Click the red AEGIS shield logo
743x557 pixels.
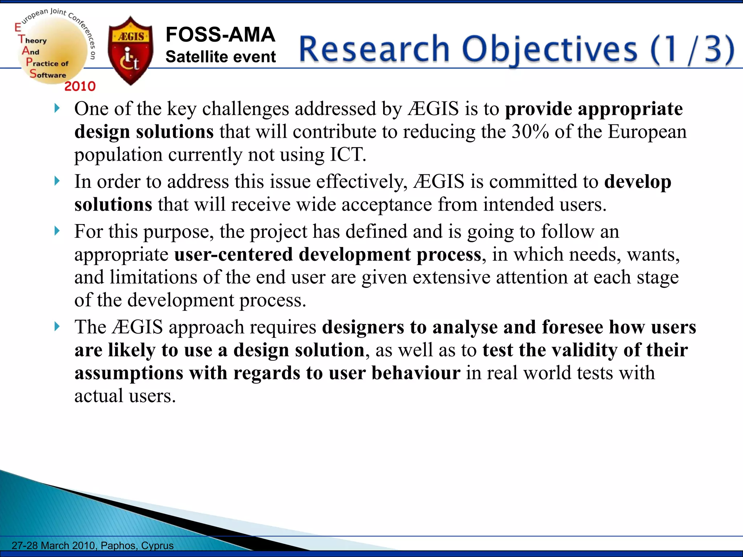click(131, 51)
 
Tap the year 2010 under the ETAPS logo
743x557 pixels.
click(80, 86)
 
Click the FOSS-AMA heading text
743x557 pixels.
click(220, 35)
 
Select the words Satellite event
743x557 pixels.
click(221, 57)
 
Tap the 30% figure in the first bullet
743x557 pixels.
click(530, 132)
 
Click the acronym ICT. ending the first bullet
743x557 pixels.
click(348, 155)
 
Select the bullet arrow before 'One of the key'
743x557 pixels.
click(57, 108)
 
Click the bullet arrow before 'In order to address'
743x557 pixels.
click(57, 181)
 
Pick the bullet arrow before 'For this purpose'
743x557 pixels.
click(57, 231)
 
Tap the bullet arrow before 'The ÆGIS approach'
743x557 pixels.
click(57, 326)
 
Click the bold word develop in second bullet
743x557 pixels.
click(637, 182)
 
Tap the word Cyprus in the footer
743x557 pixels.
click(157, 545)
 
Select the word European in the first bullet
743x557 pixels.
click(647, 132)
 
